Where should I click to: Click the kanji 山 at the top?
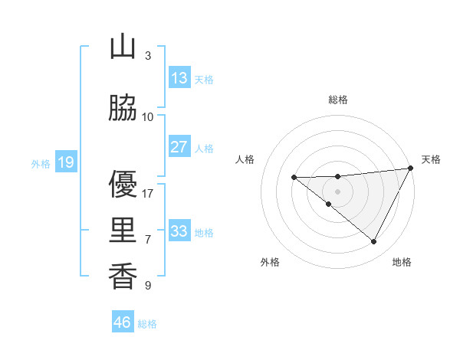[123, 47]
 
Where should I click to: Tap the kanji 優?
[123, 184]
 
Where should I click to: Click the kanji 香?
[123, 276]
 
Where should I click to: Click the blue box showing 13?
[179, 78]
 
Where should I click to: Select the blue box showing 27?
[179, 147]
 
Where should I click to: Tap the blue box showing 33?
[179, 231]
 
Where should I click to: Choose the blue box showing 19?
[65, 162]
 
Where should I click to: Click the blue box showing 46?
[123, 322]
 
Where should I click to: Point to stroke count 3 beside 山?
[147, 56]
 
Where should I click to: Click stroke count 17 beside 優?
[148, 194]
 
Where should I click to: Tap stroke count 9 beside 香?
[147, 286]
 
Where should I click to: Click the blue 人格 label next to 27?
[204, 149]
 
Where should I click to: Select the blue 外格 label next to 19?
[40, 163]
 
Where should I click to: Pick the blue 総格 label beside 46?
[147, 324]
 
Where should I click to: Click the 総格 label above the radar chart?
[337, 100]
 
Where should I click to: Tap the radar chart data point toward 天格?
[411, 169]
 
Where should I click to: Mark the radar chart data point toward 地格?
[374, 241]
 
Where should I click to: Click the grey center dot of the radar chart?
[337, 190]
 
